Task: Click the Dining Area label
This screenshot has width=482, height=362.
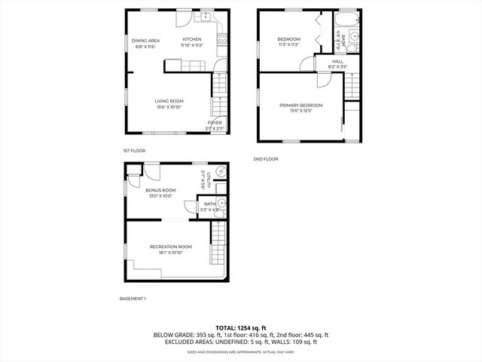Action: (x=145, y=40)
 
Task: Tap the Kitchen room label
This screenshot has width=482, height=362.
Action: (x=192, y=39)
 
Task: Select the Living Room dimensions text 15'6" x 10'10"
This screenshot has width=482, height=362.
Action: (x=169, y=107)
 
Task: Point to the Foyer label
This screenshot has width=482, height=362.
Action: (x=215, y=122)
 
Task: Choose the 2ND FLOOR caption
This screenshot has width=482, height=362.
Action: (x=266, y=158)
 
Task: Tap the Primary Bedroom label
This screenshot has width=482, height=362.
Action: (x=300, y=105)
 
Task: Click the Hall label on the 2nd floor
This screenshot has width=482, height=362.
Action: (x=338, y=61)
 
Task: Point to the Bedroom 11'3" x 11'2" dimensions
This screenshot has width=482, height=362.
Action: (x=289, y=45)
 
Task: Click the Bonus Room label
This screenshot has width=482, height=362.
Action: (x=160, y=190)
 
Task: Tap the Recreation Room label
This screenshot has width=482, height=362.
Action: (x=170, y=247)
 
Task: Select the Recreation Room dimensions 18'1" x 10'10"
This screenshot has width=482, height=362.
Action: (x=170, y=253)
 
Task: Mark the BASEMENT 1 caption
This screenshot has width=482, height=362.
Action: (x=133, y=299)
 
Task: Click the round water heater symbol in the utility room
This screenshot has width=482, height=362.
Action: (x=218, y=172)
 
